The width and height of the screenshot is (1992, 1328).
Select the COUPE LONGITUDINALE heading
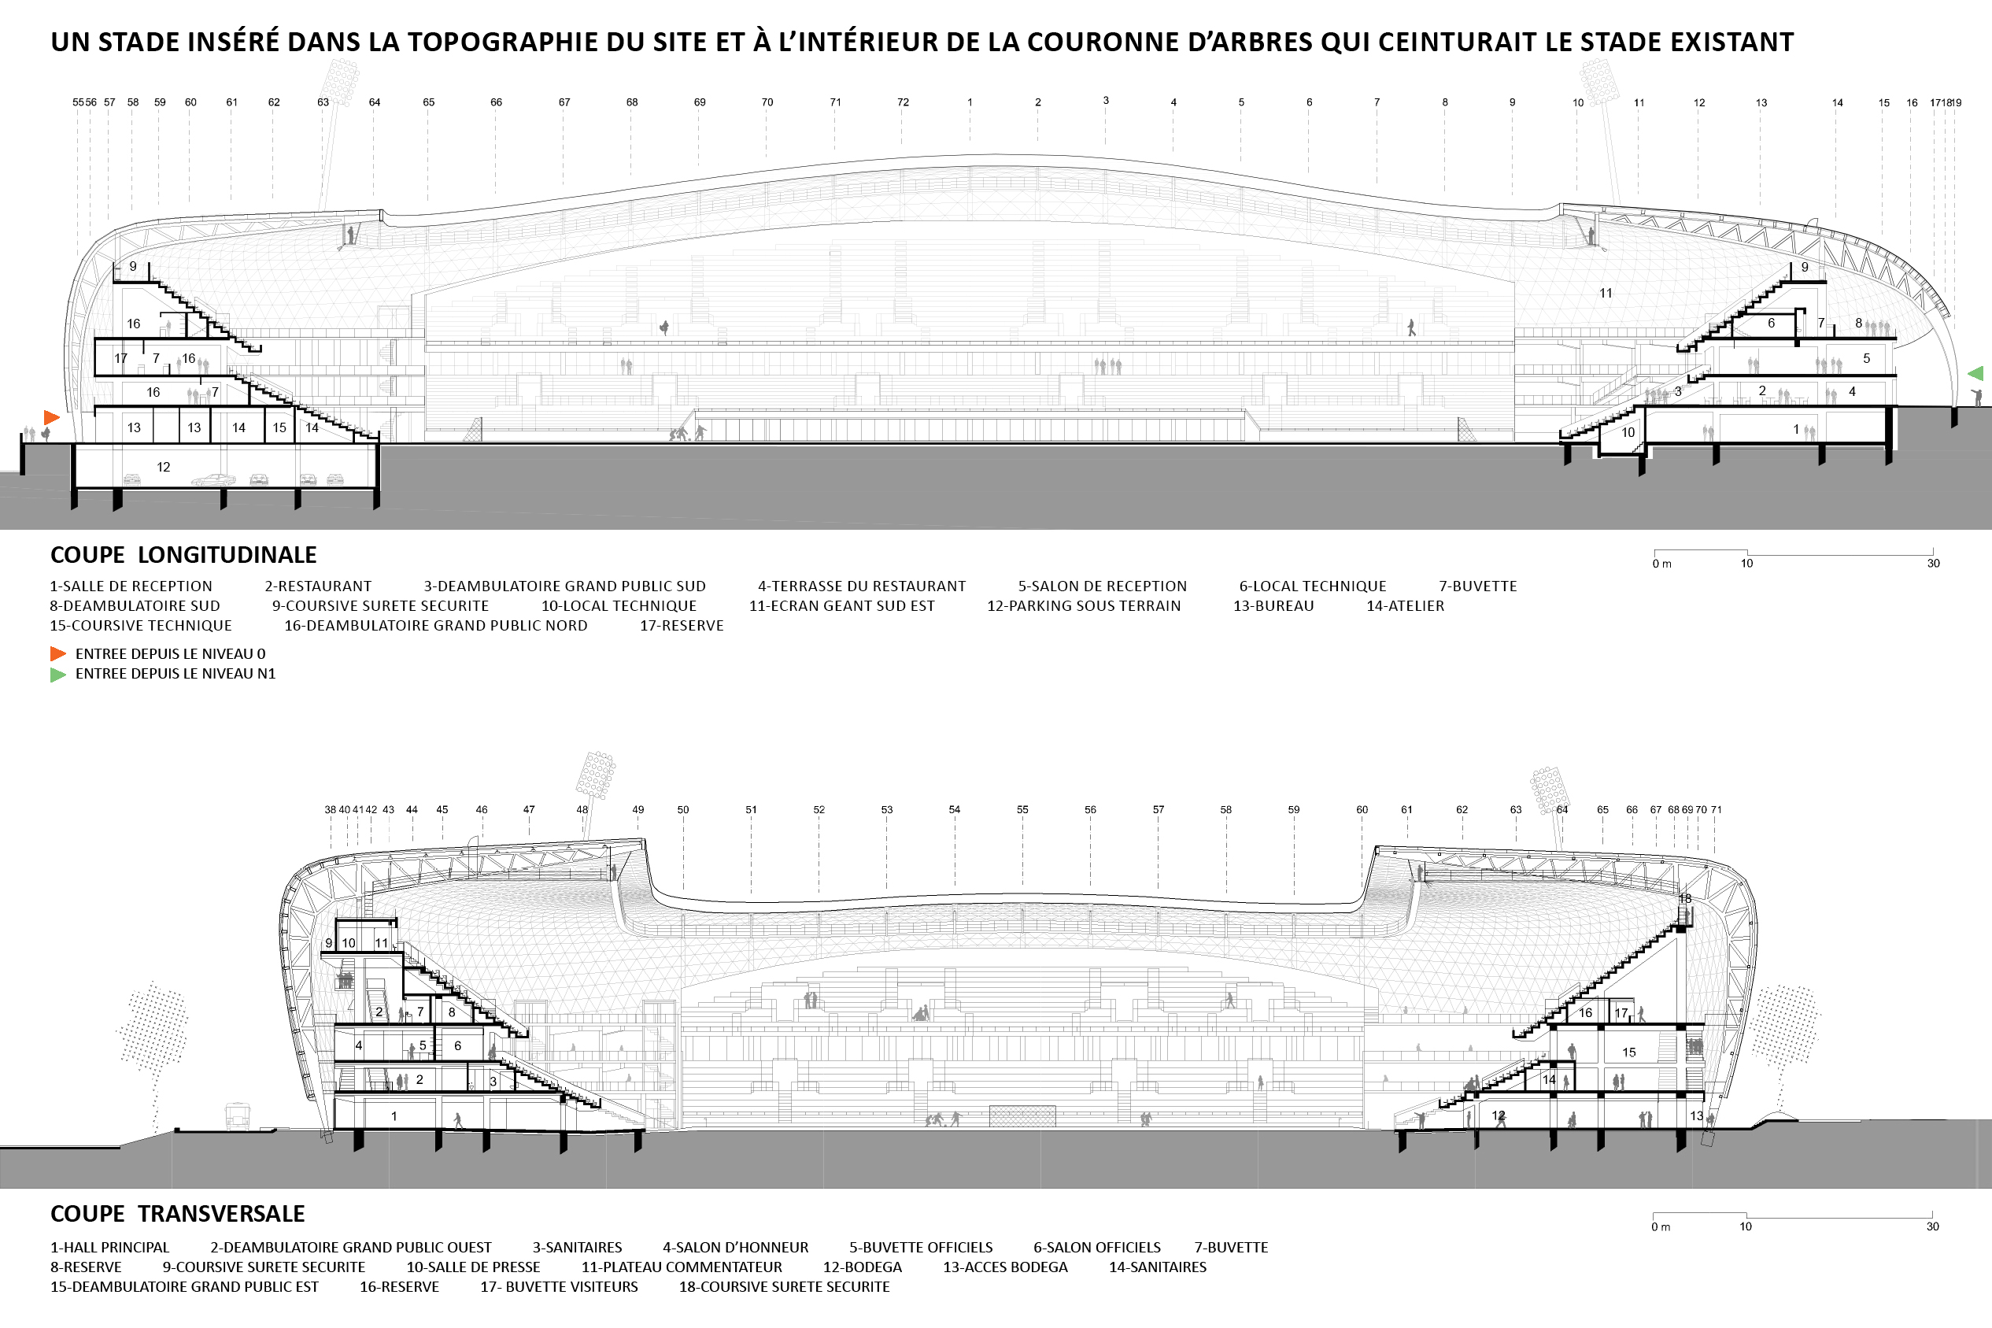(x=183, y=555)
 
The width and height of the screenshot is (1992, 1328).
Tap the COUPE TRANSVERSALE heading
(x=178, y=1214)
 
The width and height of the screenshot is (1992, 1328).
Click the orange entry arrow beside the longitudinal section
(x=52, y=416)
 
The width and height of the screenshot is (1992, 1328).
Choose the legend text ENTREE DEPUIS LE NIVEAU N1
(x=176, y=674)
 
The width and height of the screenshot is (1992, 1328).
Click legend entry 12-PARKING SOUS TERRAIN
(x=1084, y=605)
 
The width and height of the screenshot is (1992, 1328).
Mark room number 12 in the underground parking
(x=164, y=467)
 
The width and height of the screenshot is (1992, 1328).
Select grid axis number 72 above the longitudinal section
(x=904, y=102)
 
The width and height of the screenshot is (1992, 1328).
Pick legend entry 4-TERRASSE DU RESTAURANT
(x=862, y=586)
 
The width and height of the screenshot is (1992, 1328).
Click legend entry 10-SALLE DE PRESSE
(x=473, y=1267)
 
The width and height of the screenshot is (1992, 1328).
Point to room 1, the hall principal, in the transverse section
(x=394, y=1116)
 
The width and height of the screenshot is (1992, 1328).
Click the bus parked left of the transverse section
(x=238, y=1116)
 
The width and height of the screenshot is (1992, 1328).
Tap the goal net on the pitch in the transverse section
(x=1022, y=1116)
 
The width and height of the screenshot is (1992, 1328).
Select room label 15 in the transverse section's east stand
(x=1629, y=1052)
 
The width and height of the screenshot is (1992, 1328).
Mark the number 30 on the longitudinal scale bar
(x=1934, y=563)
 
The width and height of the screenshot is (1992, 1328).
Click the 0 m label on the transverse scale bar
(x=1661, y=1226)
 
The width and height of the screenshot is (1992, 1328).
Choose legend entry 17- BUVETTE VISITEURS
(x=559, y=1286)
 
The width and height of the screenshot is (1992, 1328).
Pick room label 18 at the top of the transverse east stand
(x=1685, y=899)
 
